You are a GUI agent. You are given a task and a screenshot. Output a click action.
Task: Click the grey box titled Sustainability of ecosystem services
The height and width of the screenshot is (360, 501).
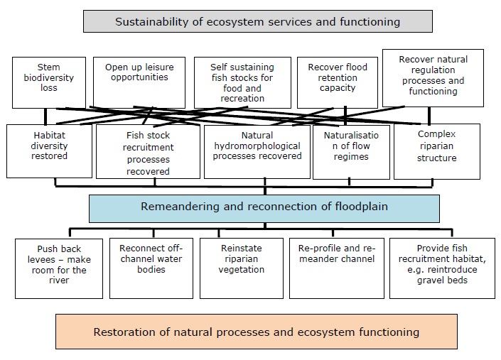[x=257, y=21]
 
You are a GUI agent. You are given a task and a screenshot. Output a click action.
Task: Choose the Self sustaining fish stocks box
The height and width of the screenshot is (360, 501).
[x=242, y=82]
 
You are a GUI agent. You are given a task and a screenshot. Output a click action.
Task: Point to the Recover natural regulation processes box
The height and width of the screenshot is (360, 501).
[x=432, y=77]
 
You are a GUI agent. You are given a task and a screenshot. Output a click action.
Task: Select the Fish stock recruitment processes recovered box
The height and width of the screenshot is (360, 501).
[x=148, y=151]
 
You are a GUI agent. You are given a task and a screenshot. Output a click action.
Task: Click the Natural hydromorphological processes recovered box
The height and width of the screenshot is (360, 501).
[x=257, y=151]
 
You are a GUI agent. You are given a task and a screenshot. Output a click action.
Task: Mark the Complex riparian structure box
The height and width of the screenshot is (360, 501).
[x=436, y=151]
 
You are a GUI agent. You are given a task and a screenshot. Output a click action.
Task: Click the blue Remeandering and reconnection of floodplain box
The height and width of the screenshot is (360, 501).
[x=264, y=208]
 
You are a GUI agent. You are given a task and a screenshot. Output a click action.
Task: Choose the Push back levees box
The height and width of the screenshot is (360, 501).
[x=58, y=268]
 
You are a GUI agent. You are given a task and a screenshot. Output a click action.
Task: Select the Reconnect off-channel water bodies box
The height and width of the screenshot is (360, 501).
[x=150, y=268]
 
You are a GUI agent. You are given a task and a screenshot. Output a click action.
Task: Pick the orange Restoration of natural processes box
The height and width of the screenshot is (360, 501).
[x=256, y=332]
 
